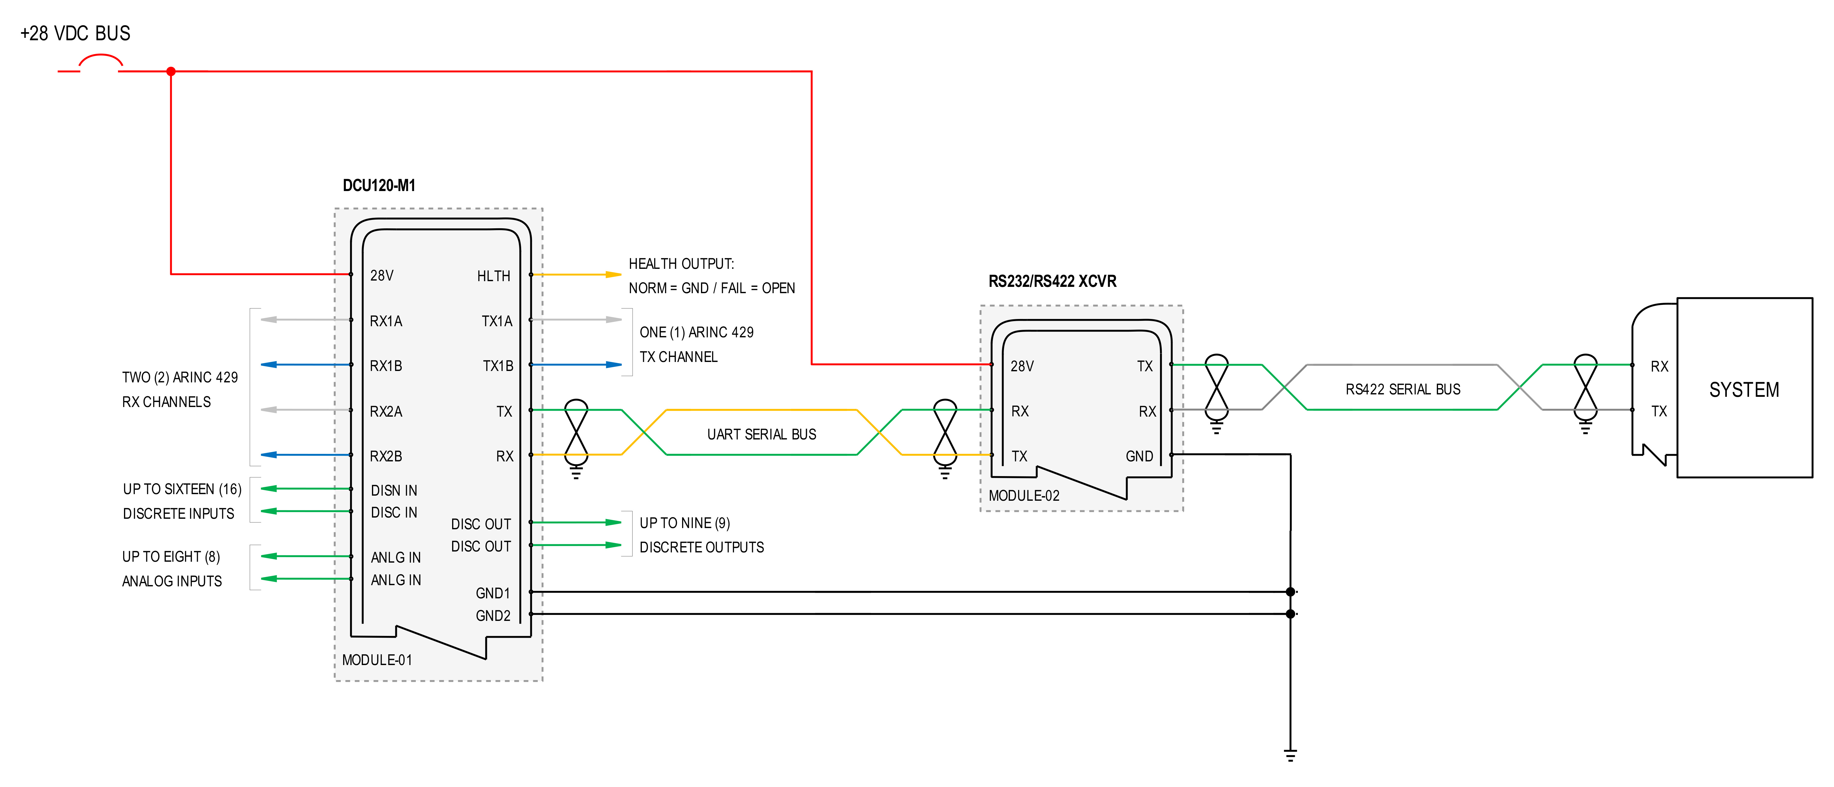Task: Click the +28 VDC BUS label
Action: pos(75,33)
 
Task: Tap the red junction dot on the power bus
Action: pos(171,71)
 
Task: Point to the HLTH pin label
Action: pos(493,276)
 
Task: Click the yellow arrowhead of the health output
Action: pos(613,274)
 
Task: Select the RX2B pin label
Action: pos(386,456)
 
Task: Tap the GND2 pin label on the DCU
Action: pos(493,615)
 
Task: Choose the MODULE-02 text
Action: pos(1024,496)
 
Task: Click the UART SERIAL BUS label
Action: pos(762,434)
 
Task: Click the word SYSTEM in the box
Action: pos(1744,390)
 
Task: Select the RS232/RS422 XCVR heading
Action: pos(1052,281)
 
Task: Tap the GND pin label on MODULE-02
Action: pos(1139,456)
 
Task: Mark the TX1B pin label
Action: pos(498,366)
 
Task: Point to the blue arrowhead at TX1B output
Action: pos(613,365)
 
